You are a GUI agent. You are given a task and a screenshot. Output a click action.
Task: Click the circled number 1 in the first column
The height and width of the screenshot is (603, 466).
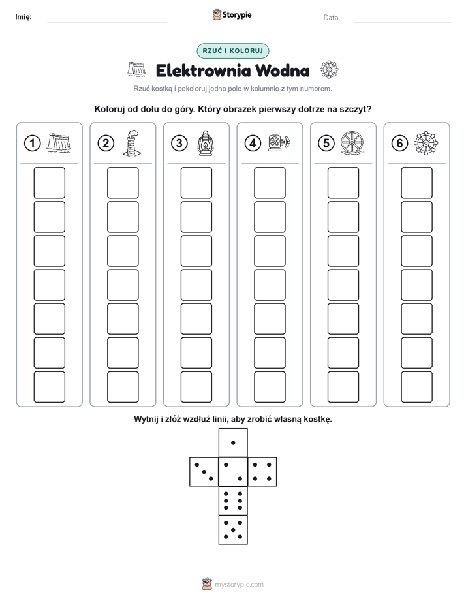32,144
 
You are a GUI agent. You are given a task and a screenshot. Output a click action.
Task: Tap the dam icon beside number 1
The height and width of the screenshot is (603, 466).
59,143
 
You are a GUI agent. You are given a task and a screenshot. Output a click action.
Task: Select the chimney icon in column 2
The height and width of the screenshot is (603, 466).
131,143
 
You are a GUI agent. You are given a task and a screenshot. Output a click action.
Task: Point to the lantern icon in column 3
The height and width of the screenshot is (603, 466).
205,143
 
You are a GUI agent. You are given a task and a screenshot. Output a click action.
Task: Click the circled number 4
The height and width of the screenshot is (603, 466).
253,144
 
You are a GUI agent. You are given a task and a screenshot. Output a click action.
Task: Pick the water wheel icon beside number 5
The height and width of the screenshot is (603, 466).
352,144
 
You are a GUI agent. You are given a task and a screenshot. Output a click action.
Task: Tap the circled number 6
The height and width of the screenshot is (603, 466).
399,144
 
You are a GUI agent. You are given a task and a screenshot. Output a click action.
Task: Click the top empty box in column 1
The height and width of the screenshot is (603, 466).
49,183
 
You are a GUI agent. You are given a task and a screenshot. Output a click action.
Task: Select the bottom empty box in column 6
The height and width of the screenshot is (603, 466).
417,387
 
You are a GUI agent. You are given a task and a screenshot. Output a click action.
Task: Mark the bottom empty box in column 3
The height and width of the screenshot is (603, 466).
196,387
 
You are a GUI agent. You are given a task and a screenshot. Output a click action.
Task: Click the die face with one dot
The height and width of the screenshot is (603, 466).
233,442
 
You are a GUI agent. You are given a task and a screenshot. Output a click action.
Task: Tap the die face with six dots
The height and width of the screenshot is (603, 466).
233,501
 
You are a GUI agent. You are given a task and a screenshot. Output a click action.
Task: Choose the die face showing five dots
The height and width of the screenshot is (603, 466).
233,530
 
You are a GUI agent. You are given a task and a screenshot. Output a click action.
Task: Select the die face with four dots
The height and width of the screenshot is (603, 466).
262,472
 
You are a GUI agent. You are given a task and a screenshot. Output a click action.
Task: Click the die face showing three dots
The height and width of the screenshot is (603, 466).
204,472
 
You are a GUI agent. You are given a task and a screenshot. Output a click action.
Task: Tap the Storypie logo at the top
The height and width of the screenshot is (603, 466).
232,15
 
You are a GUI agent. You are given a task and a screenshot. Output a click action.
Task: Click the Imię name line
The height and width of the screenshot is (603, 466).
107,22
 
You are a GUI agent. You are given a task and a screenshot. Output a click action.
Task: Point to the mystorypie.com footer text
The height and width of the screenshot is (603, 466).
239,585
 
